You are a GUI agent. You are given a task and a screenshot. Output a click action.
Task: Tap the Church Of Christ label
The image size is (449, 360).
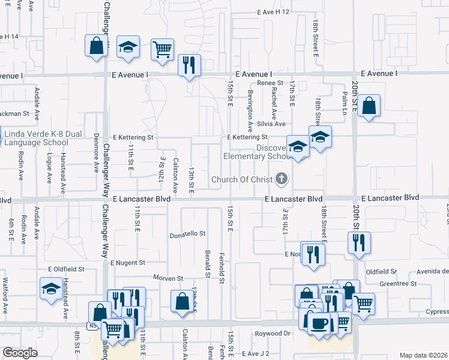[x=241, y=179]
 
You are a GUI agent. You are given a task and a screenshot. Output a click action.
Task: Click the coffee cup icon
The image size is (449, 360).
[x=319, y=322]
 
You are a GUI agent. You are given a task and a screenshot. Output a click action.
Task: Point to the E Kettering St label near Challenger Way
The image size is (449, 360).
[x=132, y=137]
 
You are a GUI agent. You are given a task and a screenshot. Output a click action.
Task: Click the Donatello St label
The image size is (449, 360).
[x=187, y=233]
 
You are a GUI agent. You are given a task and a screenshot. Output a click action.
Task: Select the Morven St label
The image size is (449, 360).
[x=168, y=278]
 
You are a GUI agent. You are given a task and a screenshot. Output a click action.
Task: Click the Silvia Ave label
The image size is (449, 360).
[x=271, y=124]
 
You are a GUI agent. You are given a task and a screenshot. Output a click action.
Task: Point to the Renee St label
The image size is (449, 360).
[x=270, y=83]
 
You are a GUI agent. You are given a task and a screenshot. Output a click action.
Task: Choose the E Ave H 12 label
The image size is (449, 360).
[x=273, y=12]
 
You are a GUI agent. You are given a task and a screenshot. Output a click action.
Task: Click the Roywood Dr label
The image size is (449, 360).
[x=272, y=334]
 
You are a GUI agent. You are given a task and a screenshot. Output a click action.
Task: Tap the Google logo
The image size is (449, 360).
[x=20, y=353]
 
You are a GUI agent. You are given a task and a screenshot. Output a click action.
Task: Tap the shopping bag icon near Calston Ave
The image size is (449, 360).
[x=182, y=301]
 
